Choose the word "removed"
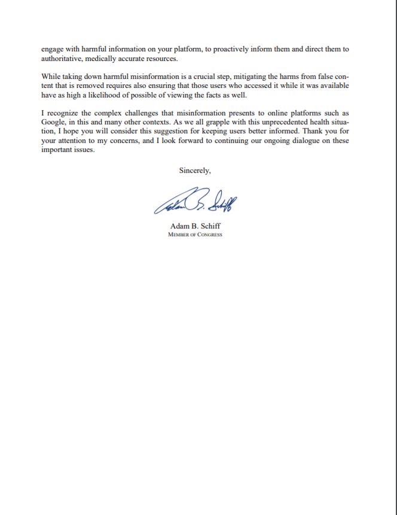pyautogui.click(x=96, y=86)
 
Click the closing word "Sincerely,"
pyautogui.click(x=195, y=170)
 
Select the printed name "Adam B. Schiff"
pyautogui.click(x=195, y=226)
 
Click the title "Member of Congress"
pyautogui.click(x=195, y=234)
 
